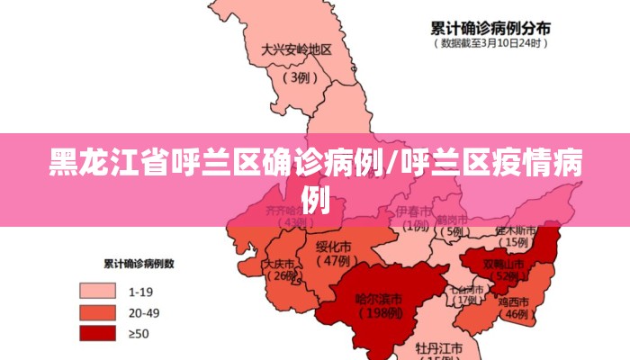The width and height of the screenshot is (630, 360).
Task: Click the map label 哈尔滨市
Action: coord(378,299)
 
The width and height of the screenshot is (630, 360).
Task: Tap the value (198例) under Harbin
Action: coord(378,314)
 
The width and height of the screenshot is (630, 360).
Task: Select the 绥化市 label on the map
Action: coord(334,246)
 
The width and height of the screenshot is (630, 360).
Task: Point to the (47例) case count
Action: coord(334,261)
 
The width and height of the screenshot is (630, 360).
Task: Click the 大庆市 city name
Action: coord(278,265)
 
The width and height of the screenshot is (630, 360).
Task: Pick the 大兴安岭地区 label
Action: coord(297,50)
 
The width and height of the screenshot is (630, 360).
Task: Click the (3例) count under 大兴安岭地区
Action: coord(297,77)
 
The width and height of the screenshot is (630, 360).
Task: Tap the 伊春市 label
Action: coord(413,211)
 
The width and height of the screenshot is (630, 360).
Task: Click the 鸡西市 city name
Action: coord(517,301)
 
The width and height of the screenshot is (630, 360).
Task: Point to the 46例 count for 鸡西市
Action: coord(516,315)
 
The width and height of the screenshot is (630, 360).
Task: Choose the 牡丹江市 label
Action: coord(439,346)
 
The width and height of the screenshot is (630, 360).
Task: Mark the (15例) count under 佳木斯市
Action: coord(516,242)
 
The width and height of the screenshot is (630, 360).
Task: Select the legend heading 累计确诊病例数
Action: coord(139,265)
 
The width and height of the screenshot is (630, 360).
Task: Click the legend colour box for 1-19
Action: coord(97,292)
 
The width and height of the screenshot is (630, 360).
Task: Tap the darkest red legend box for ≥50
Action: coord(97,333)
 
